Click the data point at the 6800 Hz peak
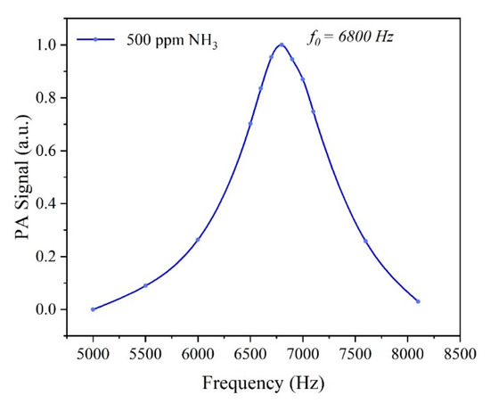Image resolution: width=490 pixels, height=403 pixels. pyautogui.click(x=282, y=45)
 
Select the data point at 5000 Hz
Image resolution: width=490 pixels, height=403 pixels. pyautogui.click(x=93, y=309)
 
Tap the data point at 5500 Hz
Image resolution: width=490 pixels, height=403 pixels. pyautogui.click(x=145, y=285)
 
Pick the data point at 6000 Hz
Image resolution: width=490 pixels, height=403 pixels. pyautogui.click(x=198, y=239)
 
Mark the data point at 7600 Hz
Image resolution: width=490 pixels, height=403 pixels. pyautogui.click(x=365, y=241)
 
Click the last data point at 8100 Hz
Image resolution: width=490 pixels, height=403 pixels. pyautogui.click(x=418, y=301)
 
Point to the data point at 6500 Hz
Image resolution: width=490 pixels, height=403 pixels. pyautogui.click(x=250, y=123)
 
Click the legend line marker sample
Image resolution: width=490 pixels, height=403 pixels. pyautogui.click(x=95, y=39)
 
